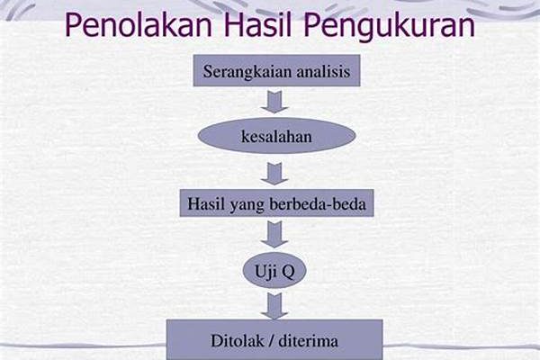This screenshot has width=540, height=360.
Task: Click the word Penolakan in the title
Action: click(x=138, y=25)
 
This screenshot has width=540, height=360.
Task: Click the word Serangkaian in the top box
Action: click(x=247, y=72)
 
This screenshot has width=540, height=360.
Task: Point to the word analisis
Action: click(x=323, y=71)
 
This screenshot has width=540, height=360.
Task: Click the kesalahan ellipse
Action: click(x=276, y=136)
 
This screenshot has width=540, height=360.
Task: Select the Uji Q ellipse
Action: click(x=274, y=270)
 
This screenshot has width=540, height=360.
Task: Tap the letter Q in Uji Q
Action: click(x=288, y=272)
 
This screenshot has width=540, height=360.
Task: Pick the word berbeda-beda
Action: click(x=317, y=204)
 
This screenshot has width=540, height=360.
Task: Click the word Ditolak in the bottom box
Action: click(x=238, y=341)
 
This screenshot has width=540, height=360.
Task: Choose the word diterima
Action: click(x=308, y=341)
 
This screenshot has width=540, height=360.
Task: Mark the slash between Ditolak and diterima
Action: click(x=272, y=341)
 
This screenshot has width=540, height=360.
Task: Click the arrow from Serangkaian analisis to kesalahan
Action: click(x=274, y=102)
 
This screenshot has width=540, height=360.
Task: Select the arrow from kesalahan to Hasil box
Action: click(x=274, y=174)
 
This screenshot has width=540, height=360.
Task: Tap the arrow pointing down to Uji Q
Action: click(x=274, y=235)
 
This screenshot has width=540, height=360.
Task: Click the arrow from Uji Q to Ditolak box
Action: click(x=274, y=306)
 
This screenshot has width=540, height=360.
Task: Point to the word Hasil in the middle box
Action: click(x=207, y=203)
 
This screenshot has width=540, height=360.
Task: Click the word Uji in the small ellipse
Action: click(x=265, y=272)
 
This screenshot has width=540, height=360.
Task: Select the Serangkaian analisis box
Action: click(x=276, y=70)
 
